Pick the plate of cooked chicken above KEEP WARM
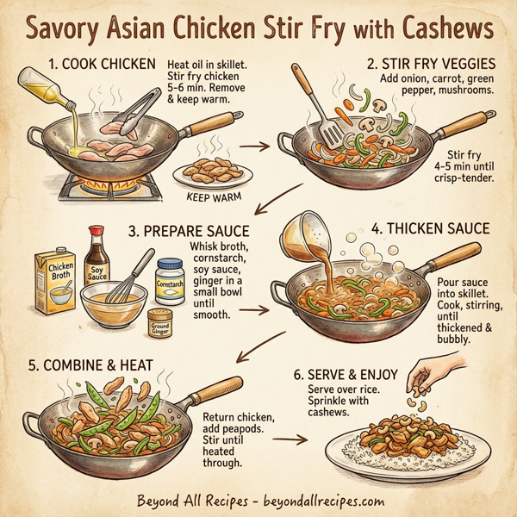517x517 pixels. tap(210, 171)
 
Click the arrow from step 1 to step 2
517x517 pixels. tap(255, 146)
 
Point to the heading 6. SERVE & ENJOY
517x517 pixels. tap(339, 376)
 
